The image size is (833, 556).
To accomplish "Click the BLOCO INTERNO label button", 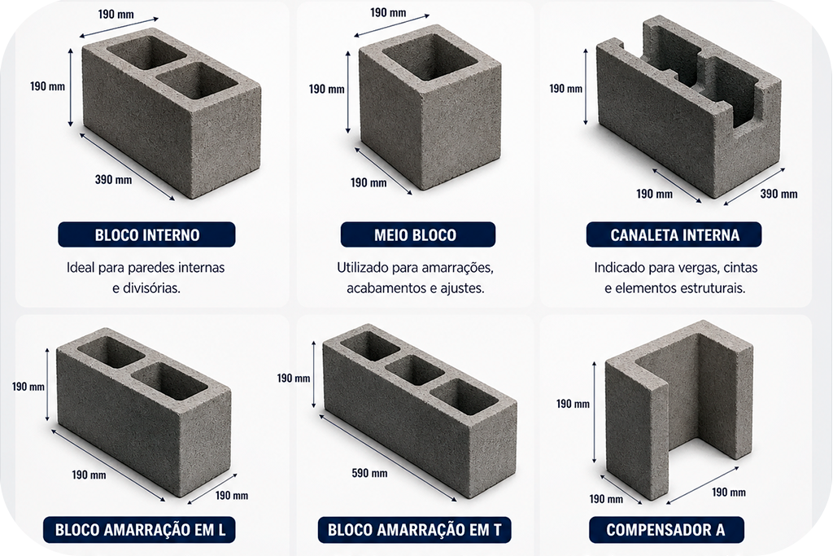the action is tap(146, 235).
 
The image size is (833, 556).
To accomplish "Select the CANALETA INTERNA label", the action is tap(674, 235).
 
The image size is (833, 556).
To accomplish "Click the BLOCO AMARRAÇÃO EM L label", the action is tap(139, 529).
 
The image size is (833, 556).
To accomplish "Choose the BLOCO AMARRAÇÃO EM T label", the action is tap(414, 529).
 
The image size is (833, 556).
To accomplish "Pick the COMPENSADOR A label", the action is tap(666, 529).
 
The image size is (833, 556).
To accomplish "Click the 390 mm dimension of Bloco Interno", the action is tap(113, 180).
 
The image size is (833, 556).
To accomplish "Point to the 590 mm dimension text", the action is tap(369, 472).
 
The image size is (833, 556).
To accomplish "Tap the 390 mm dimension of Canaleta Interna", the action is tap(778, 194).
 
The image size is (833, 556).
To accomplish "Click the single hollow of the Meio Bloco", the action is tap(430, 57).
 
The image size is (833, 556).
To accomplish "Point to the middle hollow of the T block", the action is tap(414, 370).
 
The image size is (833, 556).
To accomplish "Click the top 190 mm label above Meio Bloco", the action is tap(388, 13).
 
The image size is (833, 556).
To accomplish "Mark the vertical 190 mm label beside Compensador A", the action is tap(573, 404).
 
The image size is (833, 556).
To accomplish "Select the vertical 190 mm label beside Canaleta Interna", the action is tap(566, 88).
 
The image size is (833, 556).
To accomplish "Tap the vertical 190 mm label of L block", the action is tap(28, 387).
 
